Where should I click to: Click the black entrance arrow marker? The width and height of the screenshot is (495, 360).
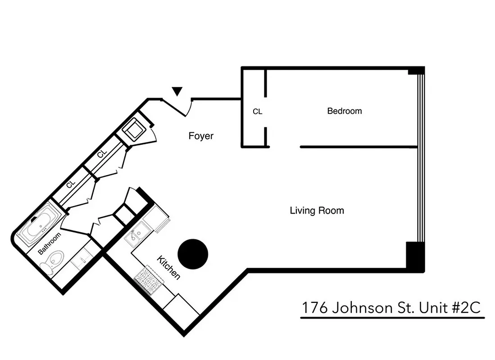(177, 91)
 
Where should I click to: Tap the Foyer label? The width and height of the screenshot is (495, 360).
(201, 136)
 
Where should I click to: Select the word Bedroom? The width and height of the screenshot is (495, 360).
(344, 111)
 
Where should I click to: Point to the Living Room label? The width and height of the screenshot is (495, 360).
(317, 210)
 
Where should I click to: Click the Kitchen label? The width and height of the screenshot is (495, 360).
(168, 267)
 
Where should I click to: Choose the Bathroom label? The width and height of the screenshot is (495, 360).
(49, 243)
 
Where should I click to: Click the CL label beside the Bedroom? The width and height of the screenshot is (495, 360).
(257, 112)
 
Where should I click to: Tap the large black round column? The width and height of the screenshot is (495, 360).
(193, 254)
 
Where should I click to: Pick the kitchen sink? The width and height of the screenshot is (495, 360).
(135, 234)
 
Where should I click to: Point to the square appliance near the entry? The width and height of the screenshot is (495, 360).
(134, 130)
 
